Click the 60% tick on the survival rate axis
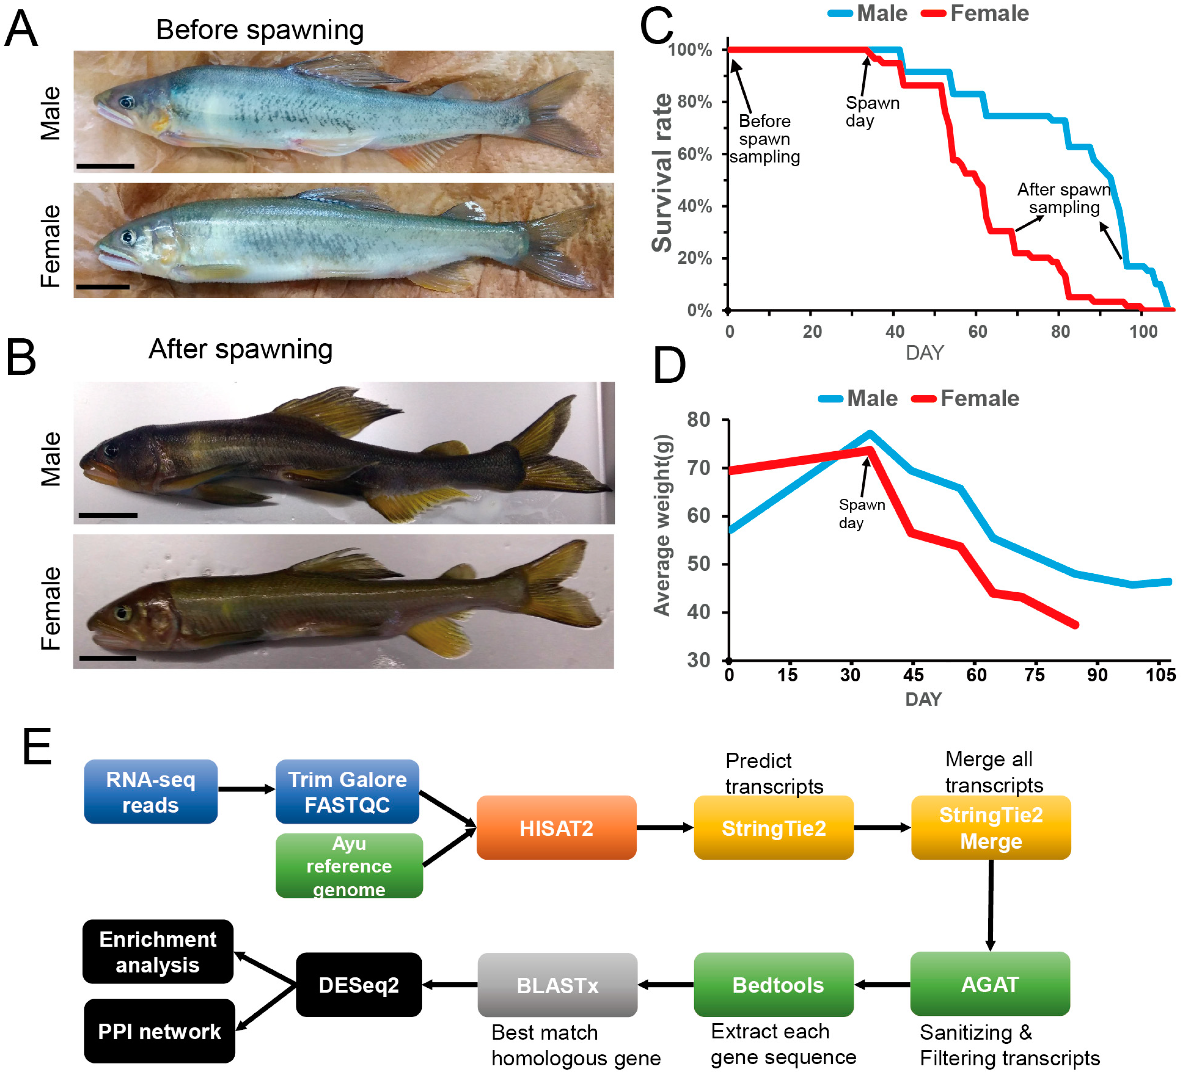(x=695, y=154)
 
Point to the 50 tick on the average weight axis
(x=699, y=564)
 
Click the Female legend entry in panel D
(x=979, y=399)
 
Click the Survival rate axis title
(x=663, y=173)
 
